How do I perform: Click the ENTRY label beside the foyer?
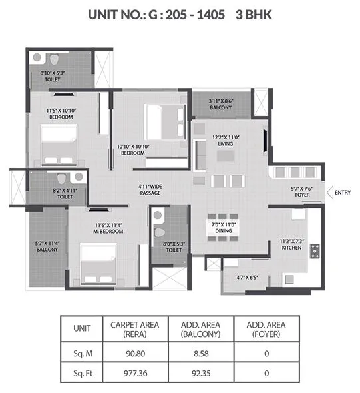tap(343, 193)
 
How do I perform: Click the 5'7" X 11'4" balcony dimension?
tap(47, 244)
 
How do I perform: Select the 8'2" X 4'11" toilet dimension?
tap(65, 190)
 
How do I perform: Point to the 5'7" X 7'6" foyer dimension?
tap(301, 189)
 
